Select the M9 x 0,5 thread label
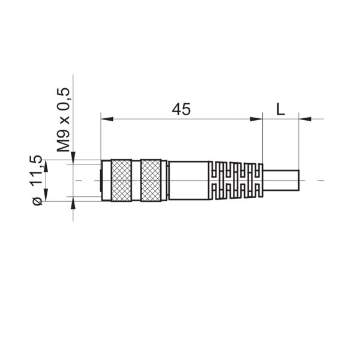63,119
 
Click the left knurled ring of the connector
121,180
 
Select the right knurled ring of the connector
151,180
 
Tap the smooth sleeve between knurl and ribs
188,180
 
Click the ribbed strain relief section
236,180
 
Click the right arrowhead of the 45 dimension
257,119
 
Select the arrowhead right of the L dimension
305,119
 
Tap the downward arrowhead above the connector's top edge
73,157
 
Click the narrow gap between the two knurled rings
136,180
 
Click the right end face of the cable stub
299,180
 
